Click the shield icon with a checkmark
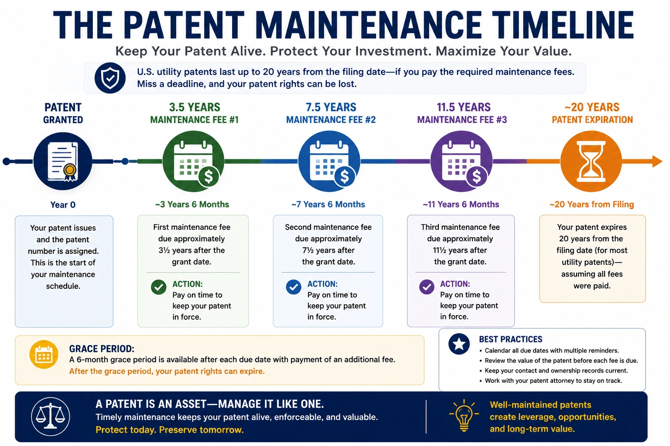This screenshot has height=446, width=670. [x=110, y=78]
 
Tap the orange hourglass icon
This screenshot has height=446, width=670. [x=591, y=161]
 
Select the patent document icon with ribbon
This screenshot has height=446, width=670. [x=63, y=161]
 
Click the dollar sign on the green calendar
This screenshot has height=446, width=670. [x=209, y=176]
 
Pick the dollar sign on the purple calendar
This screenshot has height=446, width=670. [x=476, y=176]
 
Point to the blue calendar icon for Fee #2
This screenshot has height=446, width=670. [x=329, y=161]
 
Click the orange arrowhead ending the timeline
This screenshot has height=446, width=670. [x=657, y=161]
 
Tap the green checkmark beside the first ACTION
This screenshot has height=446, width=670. [x=158, y=287]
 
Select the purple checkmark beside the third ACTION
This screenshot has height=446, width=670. [x=427, y=287]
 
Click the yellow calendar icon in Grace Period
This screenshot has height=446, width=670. [x=44, y=355]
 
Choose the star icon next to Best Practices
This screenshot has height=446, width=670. [x=459, y=344]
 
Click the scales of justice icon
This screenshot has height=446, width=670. [x=50, y=416]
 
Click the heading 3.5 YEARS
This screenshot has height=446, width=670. [x=195, y=107]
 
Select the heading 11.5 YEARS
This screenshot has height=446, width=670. [x=464, y=107]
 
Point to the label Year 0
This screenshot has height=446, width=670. [x=63, y=205]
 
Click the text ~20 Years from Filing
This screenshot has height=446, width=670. [x=591, y=205]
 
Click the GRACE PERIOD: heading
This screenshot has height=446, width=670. [x=102, y=348]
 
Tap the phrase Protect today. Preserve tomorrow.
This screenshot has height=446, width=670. [x=170, y=430]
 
